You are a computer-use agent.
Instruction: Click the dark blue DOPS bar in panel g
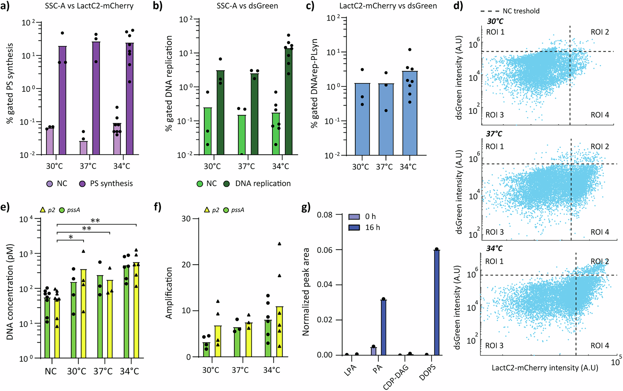pyautogui.click(x=437, y=302)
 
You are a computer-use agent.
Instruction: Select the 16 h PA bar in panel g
pyautogui.click(x=383, y=327)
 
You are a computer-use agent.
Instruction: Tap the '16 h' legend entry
pyautogui.click(x=372, y=228)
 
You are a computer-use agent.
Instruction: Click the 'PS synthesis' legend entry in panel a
pyautogui.click(x=111, y=184)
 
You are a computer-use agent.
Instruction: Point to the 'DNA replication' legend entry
pyautogui.click(x=263, y=184)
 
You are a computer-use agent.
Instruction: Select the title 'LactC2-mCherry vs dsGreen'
pyautogui.click(x=388, y=6)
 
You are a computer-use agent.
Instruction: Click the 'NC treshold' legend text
pyautogui.click(x=521, y=11)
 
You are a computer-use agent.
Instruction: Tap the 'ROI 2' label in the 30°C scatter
pyautogui.click(x=600, y=32)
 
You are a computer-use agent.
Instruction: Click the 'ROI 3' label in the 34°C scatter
pyautogui.click(x=494, y=346)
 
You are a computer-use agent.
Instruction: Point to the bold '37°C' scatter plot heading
pyautogui.click(x=494, y=134)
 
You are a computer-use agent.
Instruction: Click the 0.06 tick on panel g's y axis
pyautogui.click(x=324, y=250)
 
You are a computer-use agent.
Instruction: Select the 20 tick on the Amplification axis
pyautogui.click(x=186, y=265)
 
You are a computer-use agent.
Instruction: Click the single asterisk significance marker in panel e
pyautogui.click(x=71, y=238)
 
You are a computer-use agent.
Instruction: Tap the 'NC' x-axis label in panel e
pyautogui.click(x=51, y=371)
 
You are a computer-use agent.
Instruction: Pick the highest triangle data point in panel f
pyautogui.click(x=279, y=244)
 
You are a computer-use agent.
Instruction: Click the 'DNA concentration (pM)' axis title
pyautogui.click(x=10, y=291)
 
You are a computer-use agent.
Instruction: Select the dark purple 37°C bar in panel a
pyautogui.click(x=96, y=98)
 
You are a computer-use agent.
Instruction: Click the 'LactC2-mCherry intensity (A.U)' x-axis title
pyautogui.click(x=545, y=368)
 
